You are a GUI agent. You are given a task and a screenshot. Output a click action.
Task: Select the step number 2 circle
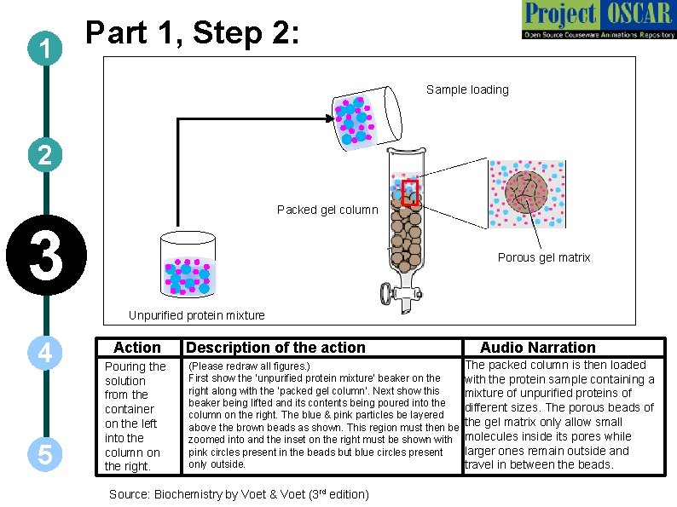[x=44, y=156]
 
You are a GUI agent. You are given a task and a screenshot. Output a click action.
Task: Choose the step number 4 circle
[x=44, y=353]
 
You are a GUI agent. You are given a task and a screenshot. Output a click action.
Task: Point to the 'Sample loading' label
[x=467, y=89]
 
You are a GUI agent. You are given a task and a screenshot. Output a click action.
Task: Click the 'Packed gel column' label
[x=327, y=210]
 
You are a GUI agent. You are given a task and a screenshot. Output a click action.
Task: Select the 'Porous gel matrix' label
[x=543, y=257]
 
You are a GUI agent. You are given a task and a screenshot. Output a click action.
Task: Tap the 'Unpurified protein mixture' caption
[x=196, y=315]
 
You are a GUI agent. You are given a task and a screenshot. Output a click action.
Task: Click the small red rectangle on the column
[x=410, y=193]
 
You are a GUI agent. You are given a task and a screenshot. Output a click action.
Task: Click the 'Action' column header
[x=136, y=348]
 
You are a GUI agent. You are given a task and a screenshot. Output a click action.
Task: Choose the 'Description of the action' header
[x=275, y=348]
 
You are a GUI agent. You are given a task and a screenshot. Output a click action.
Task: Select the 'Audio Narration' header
[x=537, y=348]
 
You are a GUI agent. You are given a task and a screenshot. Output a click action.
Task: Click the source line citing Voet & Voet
[x=239, y=494]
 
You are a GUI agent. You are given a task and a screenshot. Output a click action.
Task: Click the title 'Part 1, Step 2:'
[x=192, y=34]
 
